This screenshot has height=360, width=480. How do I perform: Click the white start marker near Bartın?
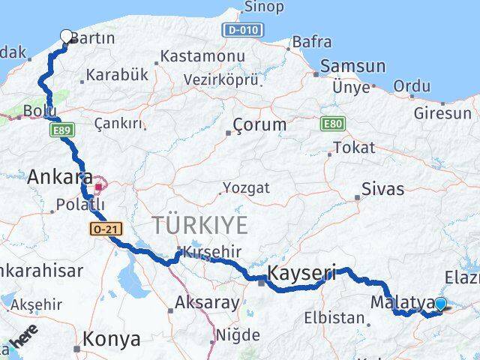(x=66, y=35)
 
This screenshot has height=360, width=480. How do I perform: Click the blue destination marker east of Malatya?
(x=440, y=304)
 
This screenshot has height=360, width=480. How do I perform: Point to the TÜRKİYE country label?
(x=199, y=224)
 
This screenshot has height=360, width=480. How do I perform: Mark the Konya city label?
(x=111, y=339)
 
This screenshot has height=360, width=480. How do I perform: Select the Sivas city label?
(x=382, y=189)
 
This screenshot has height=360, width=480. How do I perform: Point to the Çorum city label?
(x=259, y=124)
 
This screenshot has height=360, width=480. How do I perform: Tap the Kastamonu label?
(x=202, y=56)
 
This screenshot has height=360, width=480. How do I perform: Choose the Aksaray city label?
(x=207, y=304)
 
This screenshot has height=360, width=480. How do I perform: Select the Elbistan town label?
(x=333, y=317)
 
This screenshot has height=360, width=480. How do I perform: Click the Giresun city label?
(x=443, y=114)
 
